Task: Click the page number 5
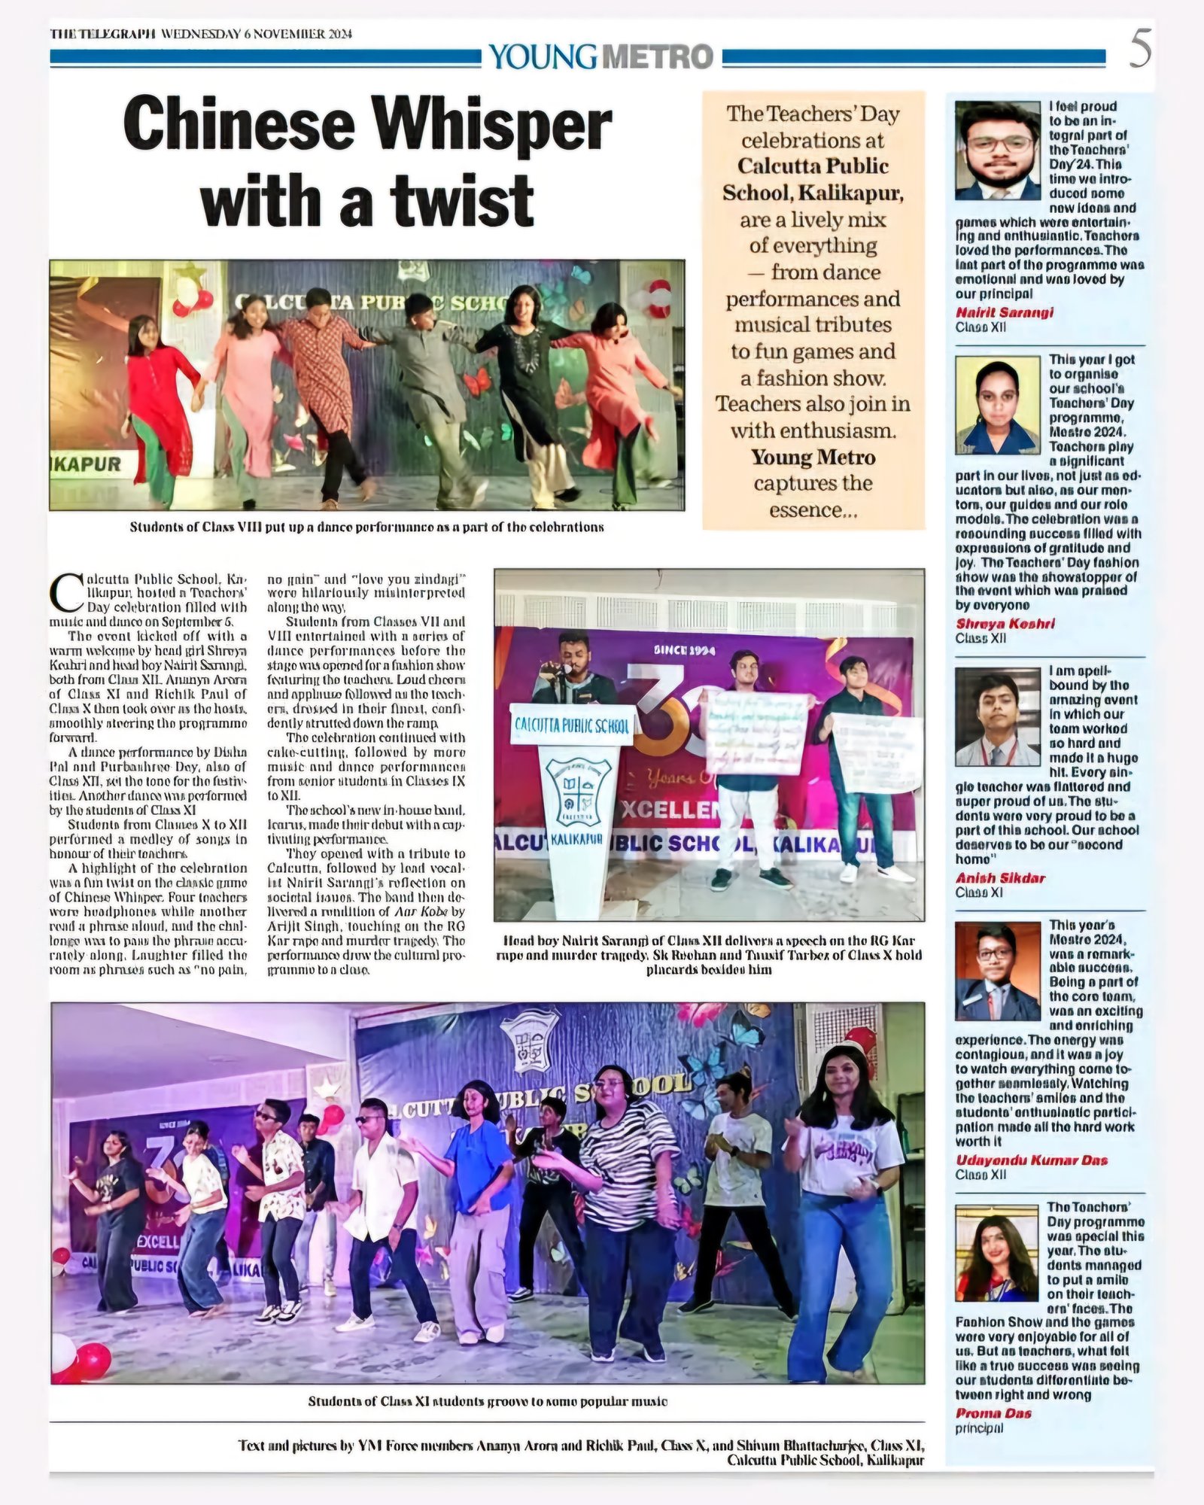tap(1140, 51)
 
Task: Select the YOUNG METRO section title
tap(600, 56)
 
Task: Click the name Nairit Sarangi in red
tap(1004, 312)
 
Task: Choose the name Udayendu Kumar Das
tap(1032, 1160)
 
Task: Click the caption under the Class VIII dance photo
tap(366, 527)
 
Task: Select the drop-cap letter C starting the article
tap(66, 593)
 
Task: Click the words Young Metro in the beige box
tap(813, 457)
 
